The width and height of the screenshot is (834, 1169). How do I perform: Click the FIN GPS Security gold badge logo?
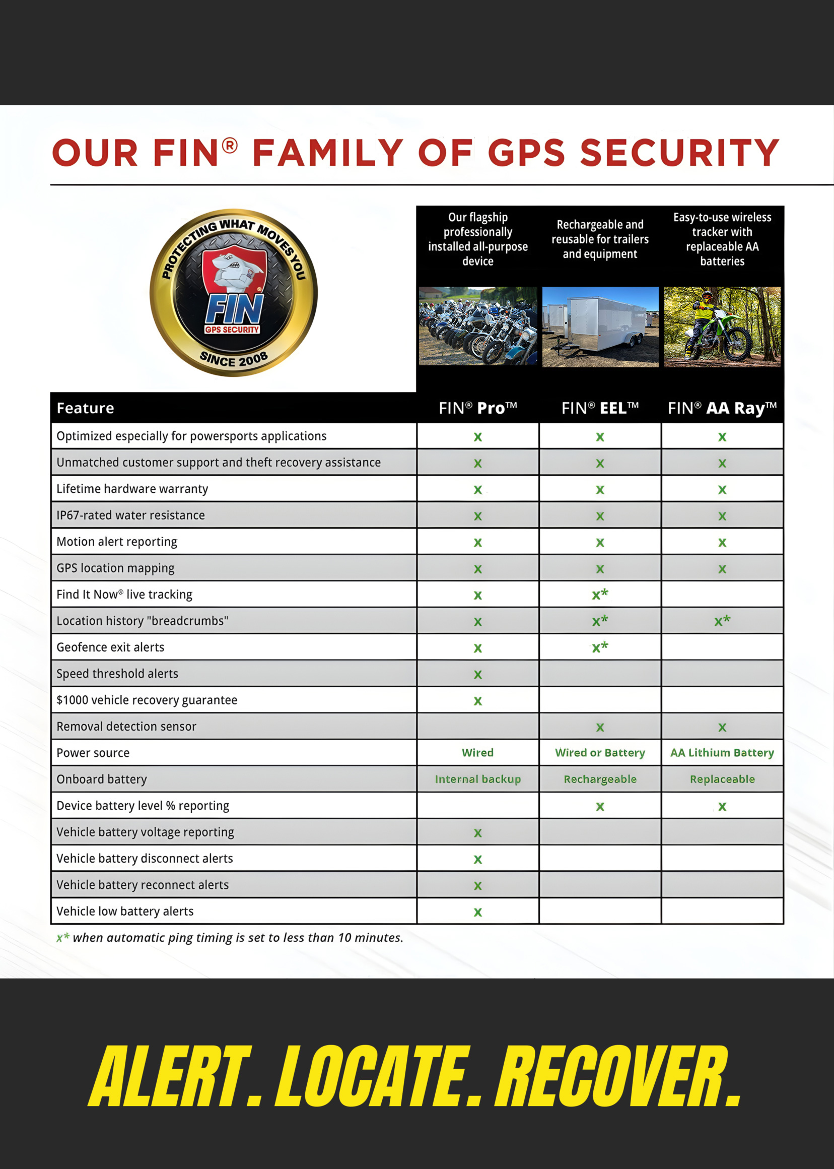[x=234, y=292]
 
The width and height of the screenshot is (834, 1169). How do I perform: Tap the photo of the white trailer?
[x=600, y=327]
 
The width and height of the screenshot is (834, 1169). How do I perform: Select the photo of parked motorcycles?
[x=477, y=326]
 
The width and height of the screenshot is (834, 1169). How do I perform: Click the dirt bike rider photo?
[x=722, y=327]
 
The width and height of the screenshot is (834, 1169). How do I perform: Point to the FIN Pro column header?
[x=477, y=408]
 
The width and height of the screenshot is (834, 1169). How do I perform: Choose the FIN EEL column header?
[x=600, y=408]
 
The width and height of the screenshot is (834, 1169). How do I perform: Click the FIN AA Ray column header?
[x=722, y=408]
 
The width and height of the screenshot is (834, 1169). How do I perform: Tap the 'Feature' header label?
[x=85, y=408]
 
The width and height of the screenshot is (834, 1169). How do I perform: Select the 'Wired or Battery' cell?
[x=600, y=753]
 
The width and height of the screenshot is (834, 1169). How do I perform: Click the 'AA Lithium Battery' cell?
[x=722, y=753]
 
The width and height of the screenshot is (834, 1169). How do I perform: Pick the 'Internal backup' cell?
[x=477, y=779]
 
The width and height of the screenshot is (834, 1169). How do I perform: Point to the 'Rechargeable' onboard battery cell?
[x=600, y=779]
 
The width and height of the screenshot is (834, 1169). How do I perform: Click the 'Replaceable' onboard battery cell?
[x=722, y=779]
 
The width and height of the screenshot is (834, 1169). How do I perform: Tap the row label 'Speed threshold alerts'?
[x=117, y=674]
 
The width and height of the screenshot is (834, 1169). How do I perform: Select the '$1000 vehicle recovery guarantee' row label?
[x=147, y=700]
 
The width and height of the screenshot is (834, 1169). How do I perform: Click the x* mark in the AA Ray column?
[x=722, y=621]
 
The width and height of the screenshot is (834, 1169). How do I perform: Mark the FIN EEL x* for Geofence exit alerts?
[x=600, y=647]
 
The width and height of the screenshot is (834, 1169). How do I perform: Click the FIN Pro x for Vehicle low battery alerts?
[x=477, y=912]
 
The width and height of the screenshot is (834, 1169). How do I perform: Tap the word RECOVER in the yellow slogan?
[x=616, y=1076]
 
